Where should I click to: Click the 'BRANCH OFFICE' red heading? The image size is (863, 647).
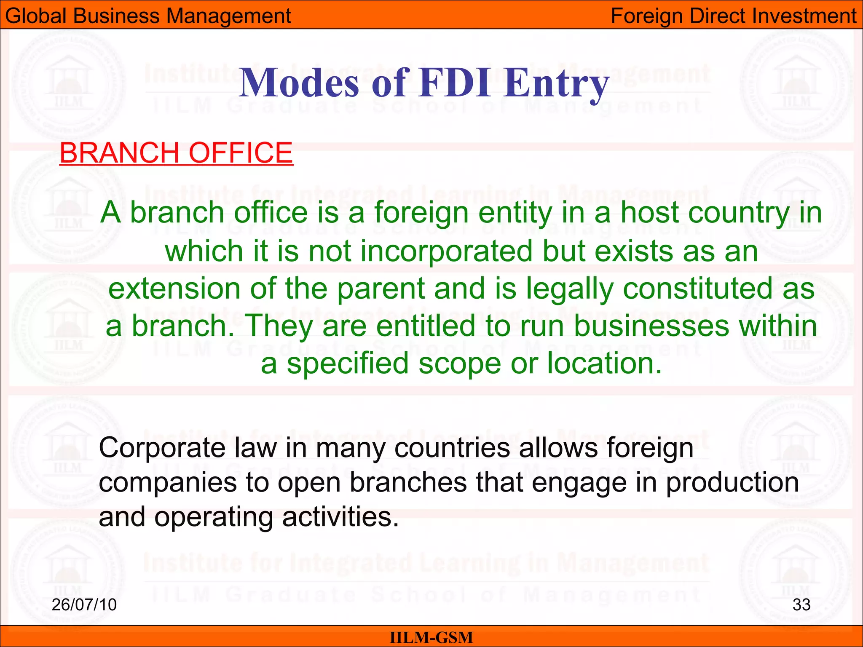click(x=176, y=152)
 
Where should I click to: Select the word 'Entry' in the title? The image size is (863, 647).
click(x=557, y=83)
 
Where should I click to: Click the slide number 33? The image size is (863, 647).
click(x=801, y=604)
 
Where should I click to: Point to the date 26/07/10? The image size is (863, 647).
click(x=84, y=604)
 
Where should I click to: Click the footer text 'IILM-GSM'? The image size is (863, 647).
click(x=431, y=637)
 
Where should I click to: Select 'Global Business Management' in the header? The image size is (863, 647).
click(x=148, y=16)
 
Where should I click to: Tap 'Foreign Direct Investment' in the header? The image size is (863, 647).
click(x=734, y=16)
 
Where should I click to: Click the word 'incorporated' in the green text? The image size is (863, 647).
click(x=447, y=251)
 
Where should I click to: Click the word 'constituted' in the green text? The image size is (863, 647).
click(x=697, y=289)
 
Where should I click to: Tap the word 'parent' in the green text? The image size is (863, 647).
click(x=381, y=289)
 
